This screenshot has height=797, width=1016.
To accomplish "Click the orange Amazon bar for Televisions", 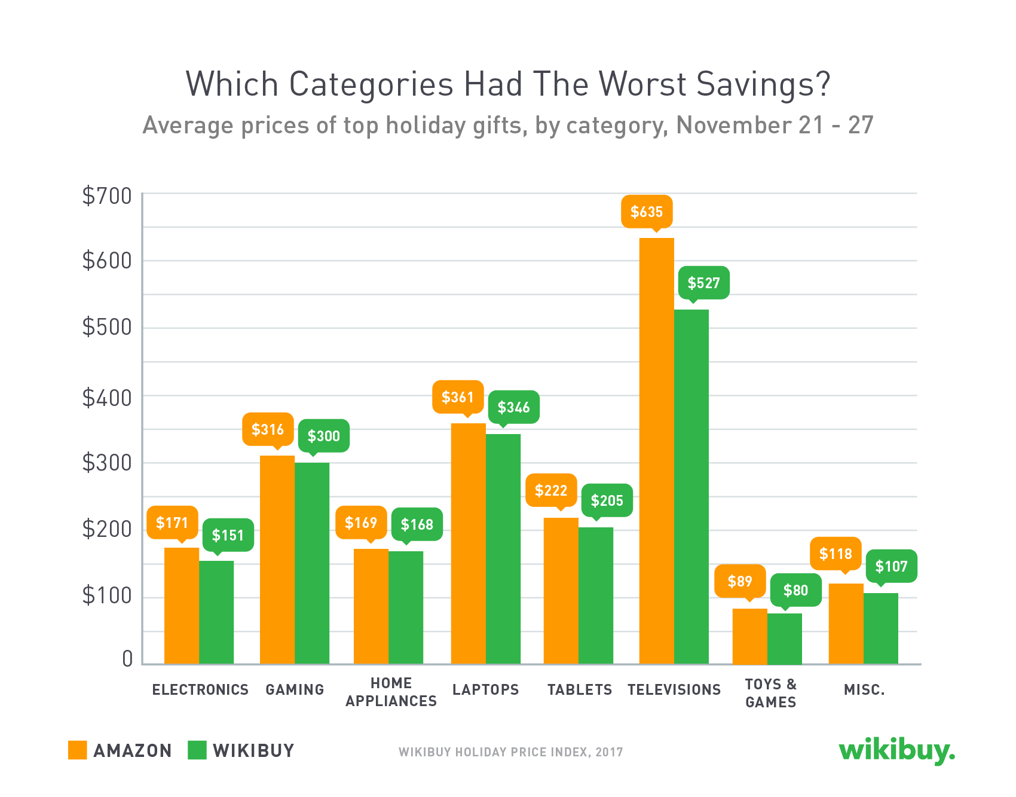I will [x=656, y=451].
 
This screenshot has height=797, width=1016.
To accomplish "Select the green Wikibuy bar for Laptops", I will [x=503, y=548].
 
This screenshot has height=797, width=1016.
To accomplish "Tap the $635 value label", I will [x=647, y=212].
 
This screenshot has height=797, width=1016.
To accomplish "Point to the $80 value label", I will [x=795, y=590].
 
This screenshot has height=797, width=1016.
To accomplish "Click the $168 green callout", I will [x=417, y=524].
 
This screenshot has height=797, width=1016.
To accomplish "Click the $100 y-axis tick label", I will [x=107, y=596].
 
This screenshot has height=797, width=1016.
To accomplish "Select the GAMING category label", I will [x=295, y=689].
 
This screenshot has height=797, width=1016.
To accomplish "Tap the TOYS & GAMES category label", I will [x=770, y=693].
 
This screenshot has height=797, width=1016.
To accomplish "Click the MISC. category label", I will [x=864, y=689].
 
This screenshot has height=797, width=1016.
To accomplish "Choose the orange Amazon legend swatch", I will [x=78, y=750].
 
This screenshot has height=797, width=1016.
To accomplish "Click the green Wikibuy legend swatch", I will [x=197, y=750].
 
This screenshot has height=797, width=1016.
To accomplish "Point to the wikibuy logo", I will [x=896, y=750].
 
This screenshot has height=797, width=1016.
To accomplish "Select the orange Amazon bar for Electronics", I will [x=182, y=605].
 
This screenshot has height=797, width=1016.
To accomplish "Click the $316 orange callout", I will [x=268, y=429].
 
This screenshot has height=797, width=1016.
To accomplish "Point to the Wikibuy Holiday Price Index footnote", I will [x=510, y=752].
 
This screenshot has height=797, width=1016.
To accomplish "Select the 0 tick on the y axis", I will [x=127, y=659].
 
